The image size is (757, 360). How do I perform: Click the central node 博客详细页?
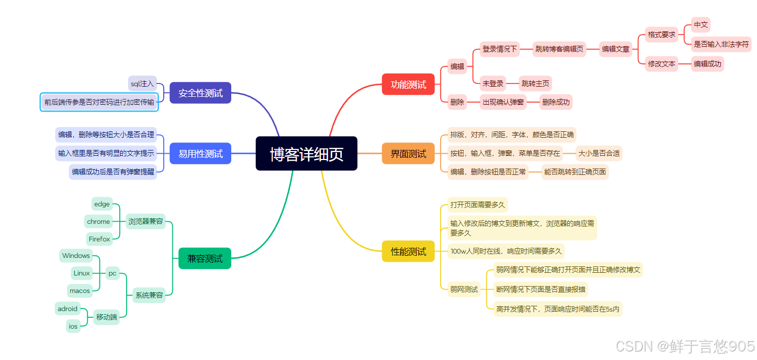pyautogui.click(x=306, y=154)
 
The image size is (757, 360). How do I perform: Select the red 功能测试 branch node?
pyautogui.click(x=408, y=84)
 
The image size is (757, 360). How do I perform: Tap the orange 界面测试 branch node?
pyautogui.click(x=408, y=154)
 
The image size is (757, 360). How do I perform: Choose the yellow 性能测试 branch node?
pyautogui.click(x=408, y=252)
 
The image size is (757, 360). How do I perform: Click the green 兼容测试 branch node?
pyautogui.click(x=205, y=258)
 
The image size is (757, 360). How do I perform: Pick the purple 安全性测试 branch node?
pyautogui.click(x=200, y=93)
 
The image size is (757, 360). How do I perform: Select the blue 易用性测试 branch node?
pyautogui.click(x=200, y=154)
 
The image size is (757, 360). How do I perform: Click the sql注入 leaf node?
pyautogui.click(x=142, y=83)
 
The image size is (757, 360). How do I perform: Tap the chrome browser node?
pyautogui.click(x=98, y=222)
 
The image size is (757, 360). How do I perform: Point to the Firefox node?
pyautogui.click(x=99, y=239)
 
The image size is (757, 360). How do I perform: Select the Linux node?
pyautogui.click(x=82, y=273)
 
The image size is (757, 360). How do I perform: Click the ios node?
pyautogui.click(x=73, y=326)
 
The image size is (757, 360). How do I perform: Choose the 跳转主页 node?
pyautogui.click(x=535, y=83)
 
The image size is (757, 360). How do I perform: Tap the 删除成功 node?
pyautogui.click(x=556, y=102)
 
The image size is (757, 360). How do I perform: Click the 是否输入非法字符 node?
pyautogui.click(x=721, y=45)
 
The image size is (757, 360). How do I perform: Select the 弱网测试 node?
pyautogui.click(x=464, y=289)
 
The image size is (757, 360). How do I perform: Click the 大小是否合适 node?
pyautogui.click(x=599, y=153)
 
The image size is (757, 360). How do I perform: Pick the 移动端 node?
pyautogui.click(x=107, y=317)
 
